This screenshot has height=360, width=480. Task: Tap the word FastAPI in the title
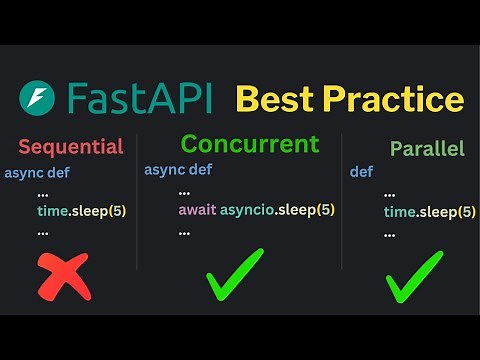click(141, 98)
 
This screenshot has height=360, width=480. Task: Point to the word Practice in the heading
click(395, 99)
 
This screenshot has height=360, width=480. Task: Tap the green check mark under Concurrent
click(235, 274)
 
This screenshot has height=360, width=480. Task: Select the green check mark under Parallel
click(413, 275)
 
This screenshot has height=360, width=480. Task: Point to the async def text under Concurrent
click(177, 169)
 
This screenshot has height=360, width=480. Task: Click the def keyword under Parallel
click(361, 172)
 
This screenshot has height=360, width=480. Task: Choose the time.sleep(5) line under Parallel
click(429, 212)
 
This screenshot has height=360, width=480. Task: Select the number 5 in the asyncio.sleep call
click(325, 210)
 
